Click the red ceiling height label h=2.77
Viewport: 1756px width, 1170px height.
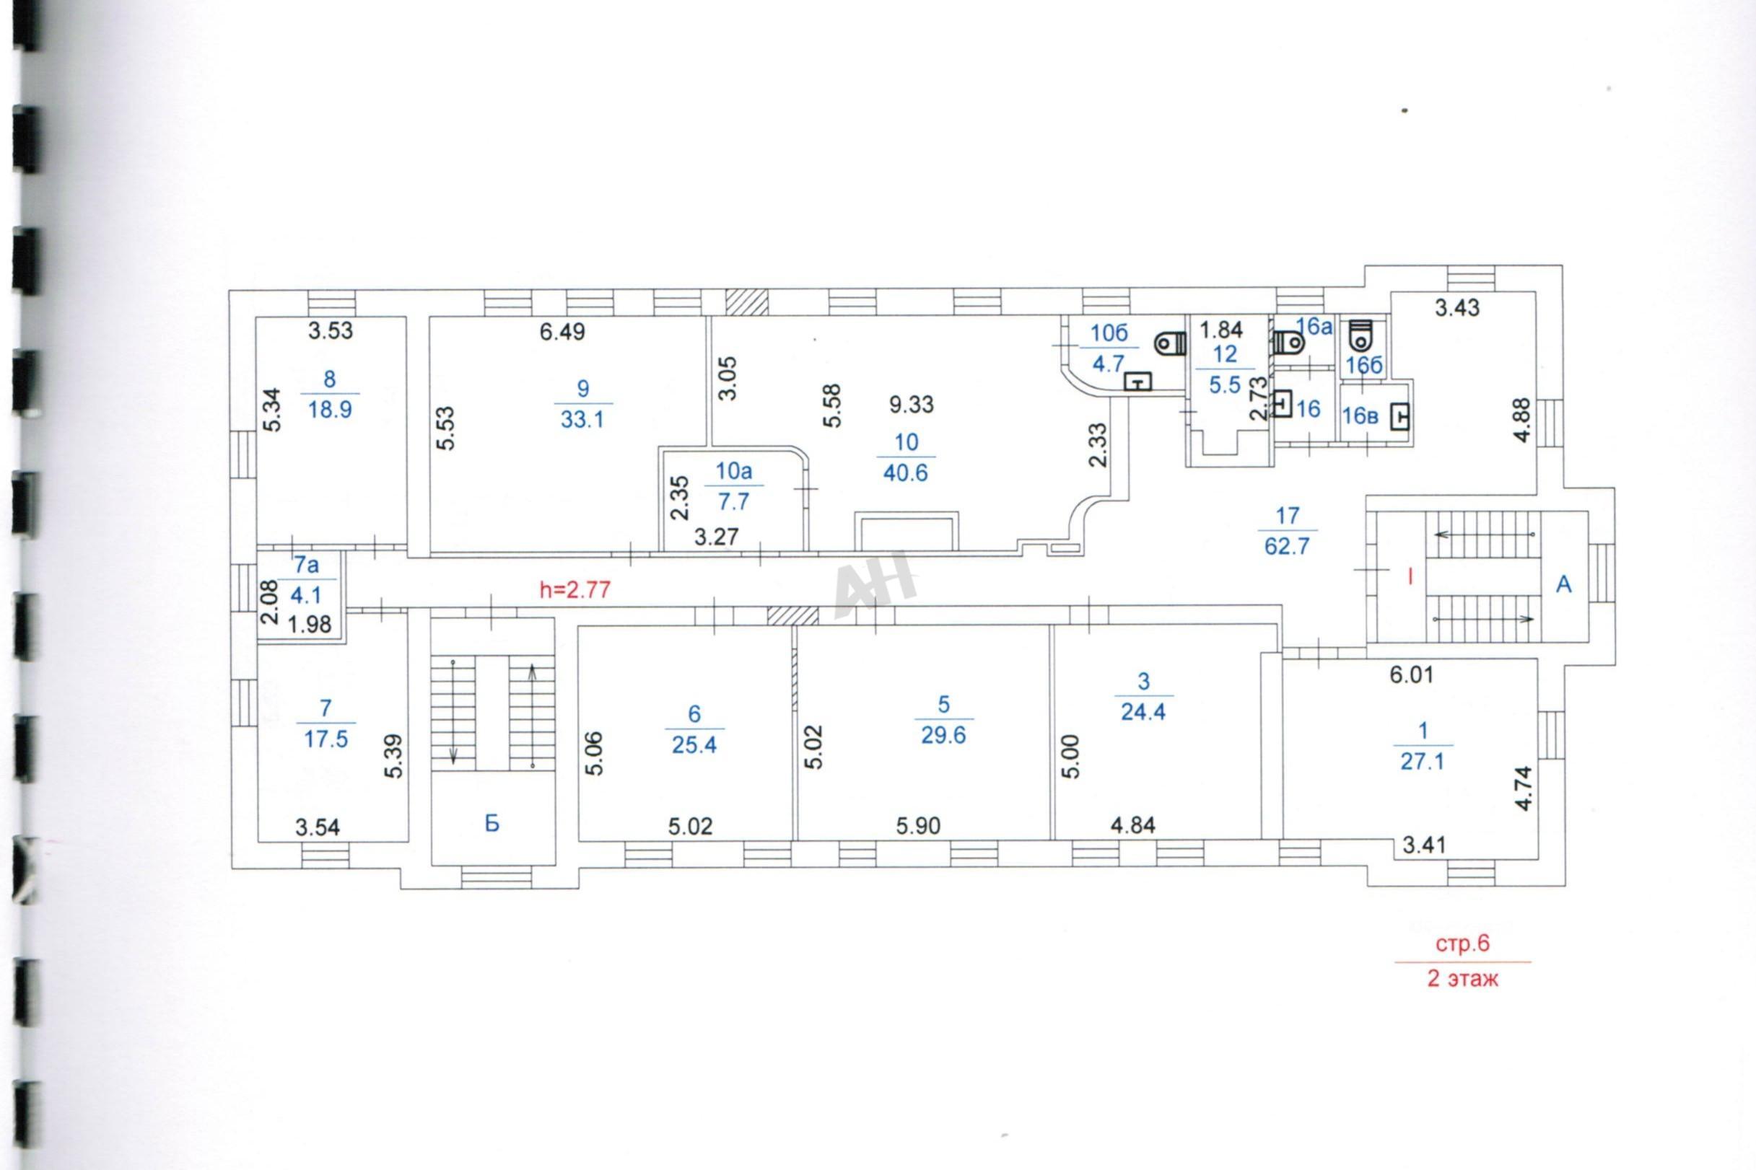click(575, 590)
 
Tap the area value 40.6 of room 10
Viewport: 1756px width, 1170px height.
click(906, 473)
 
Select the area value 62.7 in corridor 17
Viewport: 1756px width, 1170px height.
click(1287, 546)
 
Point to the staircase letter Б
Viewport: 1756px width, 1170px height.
click(492, 823)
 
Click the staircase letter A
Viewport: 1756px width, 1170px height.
click(1563, 585)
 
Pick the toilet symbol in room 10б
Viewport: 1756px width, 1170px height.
click(1170, 343)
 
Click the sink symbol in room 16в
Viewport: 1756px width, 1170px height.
click(1400, 417)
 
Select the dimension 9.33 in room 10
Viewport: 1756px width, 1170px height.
click(912, 405)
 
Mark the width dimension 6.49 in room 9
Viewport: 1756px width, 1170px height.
click(562, 331)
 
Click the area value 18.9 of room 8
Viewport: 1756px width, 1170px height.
click(330, 410)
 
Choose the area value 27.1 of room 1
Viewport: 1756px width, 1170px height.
click(1423, 761)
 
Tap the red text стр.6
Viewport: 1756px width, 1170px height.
click(1462, 944)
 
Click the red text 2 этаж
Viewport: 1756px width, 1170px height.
click(1462, 978)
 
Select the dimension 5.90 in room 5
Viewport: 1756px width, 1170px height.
click(918, 826)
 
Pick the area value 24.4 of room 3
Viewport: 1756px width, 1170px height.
click(1143, 712)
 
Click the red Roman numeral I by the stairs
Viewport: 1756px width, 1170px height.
click(1410, 576)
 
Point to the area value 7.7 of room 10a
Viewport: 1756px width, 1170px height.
click(733, 501)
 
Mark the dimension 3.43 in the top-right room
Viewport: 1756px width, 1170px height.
click(1457, 307)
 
